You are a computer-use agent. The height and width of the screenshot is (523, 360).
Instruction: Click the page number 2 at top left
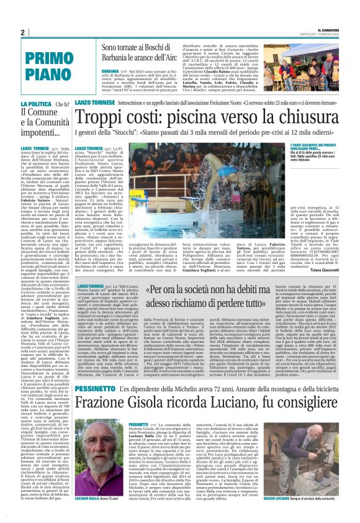click(x=22, y=32)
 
